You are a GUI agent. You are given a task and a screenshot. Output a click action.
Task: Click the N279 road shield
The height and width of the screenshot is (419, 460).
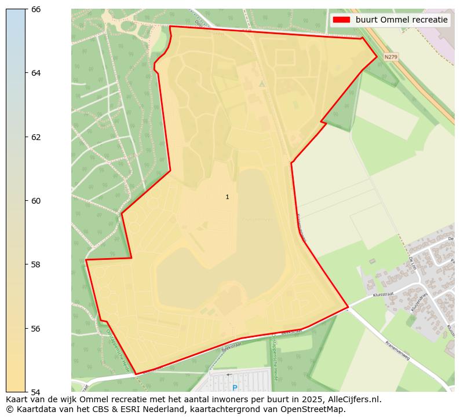coord(391,57)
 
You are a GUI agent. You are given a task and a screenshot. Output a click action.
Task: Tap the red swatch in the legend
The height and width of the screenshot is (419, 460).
coord(342,20)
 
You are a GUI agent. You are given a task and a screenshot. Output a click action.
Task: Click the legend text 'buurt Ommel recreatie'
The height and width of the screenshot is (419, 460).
coord(401,20)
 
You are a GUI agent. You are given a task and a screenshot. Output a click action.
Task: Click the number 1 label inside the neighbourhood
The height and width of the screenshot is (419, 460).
coord(227,197)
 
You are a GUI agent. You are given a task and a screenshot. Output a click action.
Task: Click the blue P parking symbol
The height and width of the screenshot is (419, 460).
coord(235,388)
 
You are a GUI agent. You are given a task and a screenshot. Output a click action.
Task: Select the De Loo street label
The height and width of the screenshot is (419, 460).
coord(412,263)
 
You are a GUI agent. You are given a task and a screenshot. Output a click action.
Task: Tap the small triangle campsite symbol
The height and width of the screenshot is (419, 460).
coord(262,84)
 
